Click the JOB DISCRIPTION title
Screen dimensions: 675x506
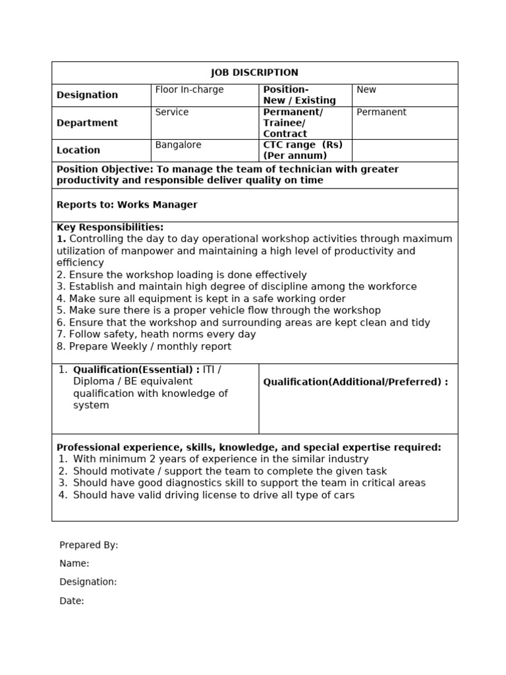[x=254, y=73]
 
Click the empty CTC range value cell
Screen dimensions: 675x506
[x=405, y=150]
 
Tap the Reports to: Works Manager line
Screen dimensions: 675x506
[x=127, y=205]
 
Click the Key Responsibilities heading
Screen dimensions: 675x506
[x=110, y=227]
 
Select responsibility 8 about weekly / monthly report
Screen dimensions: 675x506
[x=144, y=346]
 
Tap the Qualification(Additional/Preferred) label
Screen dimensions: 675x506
[x=356, y=382]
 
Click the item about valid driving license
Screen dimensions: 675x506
[x=213, y=495]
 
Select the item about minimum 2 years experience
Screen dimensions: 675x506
[x=221, y=459]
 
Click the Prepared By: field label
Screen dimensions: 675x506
[x=89, y=545]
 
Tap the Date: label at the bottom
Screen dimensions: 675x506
[x=72, y=601]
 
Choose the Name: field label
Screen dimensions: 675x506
[x=74, y=564]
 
